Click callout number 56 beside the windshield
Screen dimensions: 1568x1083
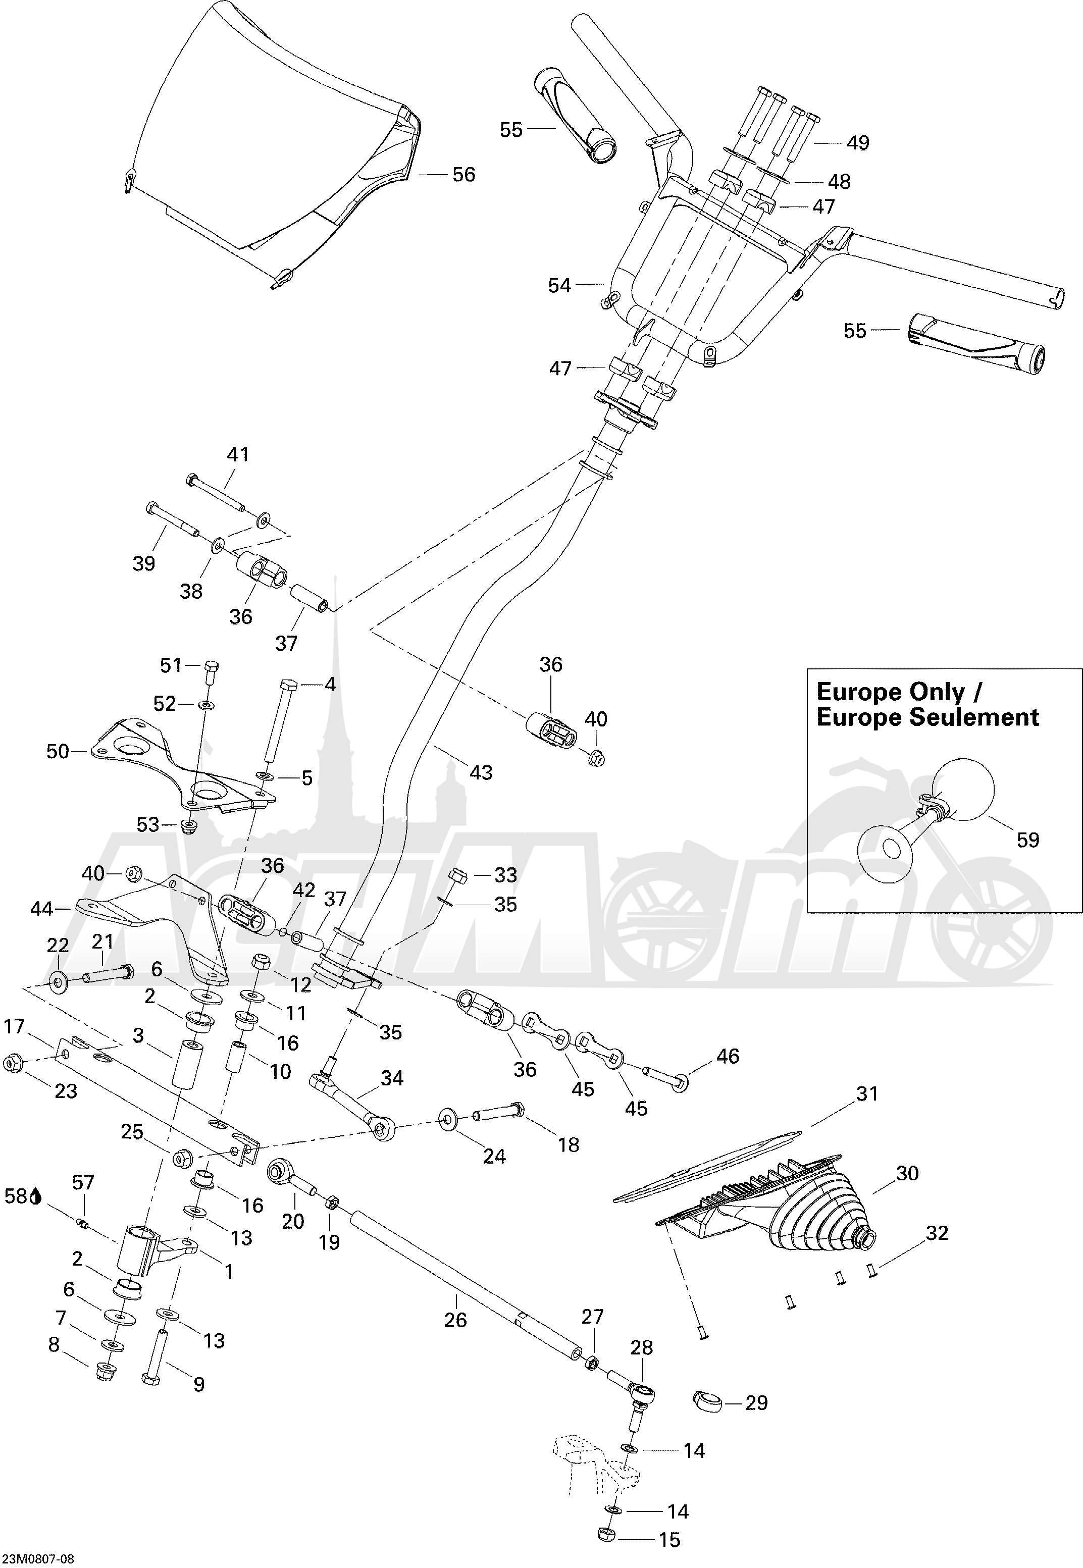[463, 175]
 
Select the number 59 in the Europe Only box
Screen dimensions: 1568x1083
[1027, 840]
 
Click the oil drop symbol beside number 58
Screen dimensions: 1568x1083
[36, 1215]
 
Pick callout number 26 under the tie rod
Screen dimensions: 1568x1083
[455, 1333]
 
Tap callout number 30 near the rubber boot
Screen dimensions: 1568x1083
[907, 1173]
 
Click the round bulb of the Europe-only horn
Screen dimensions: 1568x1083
[963, 789]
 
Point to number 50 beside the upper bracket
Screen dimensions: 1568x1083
[58, 751]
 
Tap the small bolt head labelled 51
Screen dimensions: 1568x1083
[211, 666]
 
